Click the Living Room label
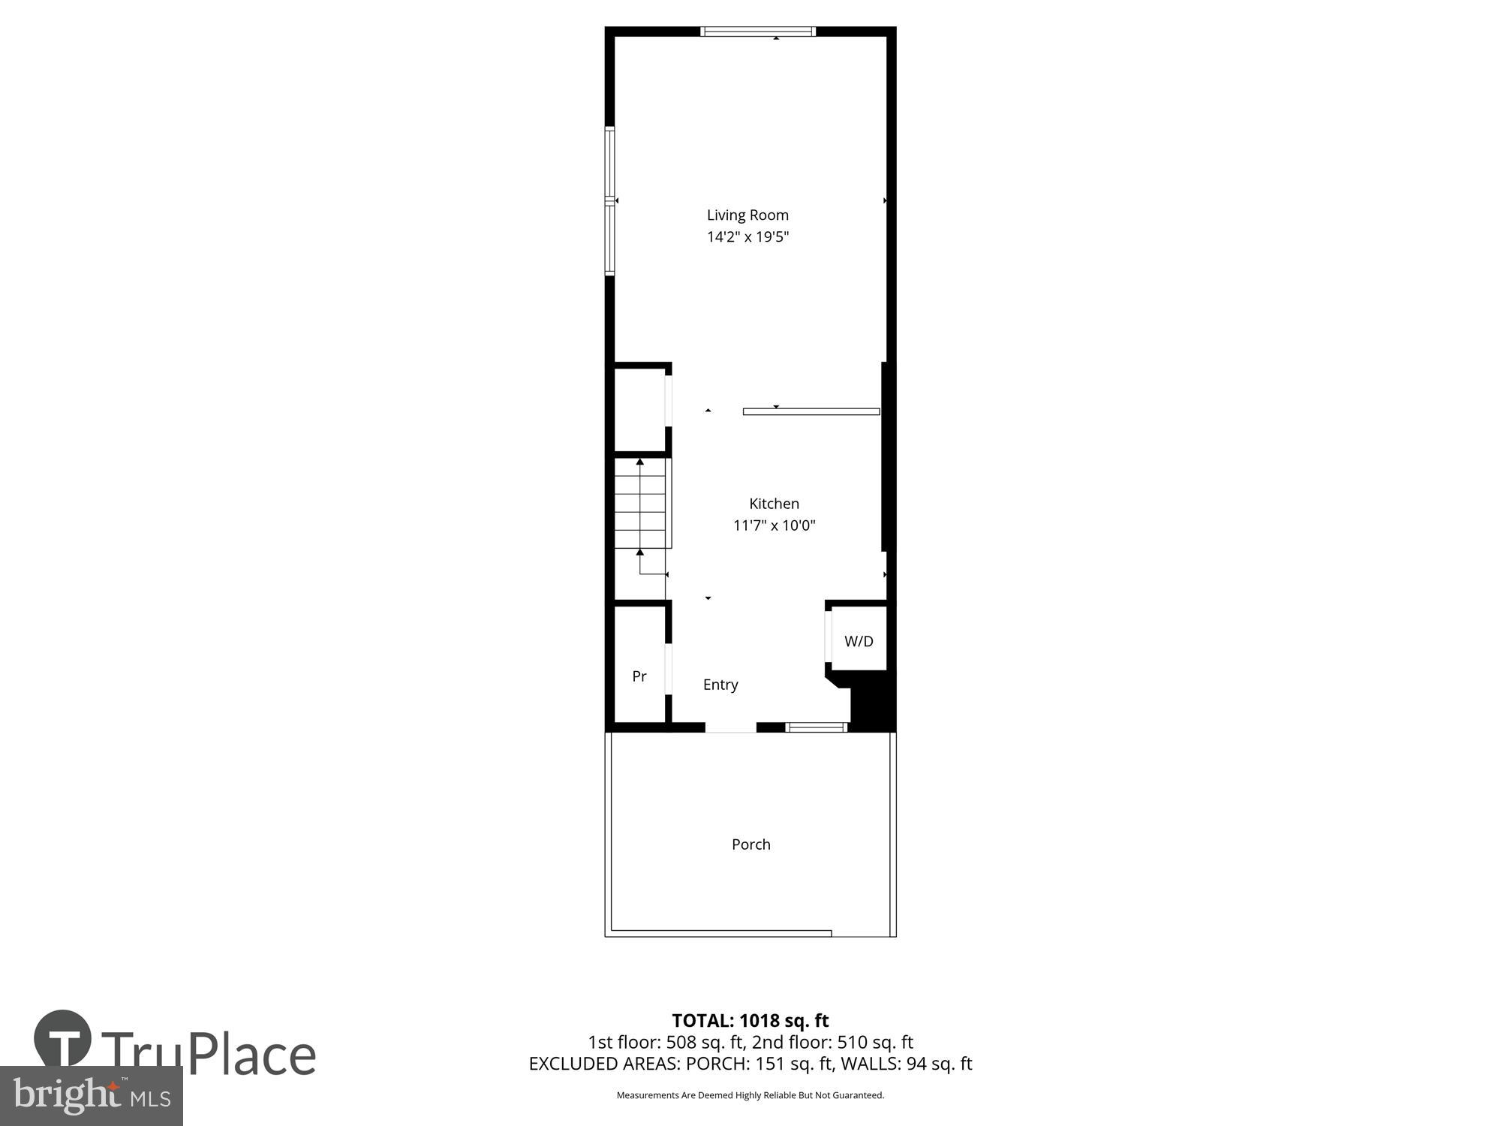[747, 215]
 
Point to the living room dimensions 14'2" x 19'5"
[747, 237]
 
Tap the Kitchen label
[774, 504]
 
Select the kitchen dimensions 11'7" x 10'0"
[774, 525]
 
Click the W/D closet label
[859, 641]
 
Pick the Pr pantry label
[639, 676]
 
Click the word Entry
[720, 685]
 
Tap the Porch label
[750, 844]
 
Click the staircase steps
[640, 503]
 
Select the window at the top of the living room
[758, 32]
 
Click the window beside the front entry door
[817, 727]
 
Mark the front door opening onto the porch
[730, 728]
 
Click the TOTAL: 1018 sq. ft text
[750, 1021]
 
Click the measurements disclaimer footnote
[750, 1095]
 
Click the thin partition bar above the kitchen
[811, 411]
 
